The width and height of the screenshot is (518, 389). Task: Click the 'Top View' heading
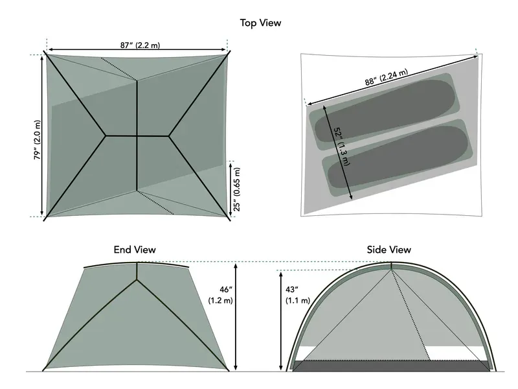coord(260,23)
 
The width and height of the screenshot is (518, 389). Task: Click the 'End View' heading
coord(135,250)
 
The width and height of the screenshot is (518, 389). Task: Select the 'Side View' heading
coord(388,250)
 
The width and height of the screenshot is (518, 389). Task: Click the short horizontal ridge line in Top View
coord(137,136)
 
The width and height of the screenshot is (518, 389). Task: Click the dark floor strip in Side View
coord(391,366)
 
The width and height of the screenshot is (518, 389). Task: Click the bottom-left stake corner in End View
coord(44,370)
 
